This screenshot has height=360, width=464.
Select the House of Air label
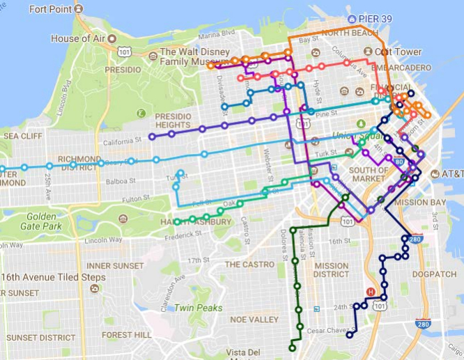click(x=80, y=39)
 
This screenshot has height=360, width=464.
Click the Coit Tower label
click(x=398, y=52)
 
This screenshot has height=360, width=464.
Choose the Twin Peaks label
click(x=199, y=307)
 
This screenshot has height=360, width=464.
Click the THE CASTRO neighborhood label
click(x=249, y=265)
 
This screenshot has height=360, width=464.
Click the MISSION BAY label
click(x=419, y=203)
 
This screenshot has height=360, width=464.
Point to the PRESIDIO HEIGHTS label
click(x=172, y=120)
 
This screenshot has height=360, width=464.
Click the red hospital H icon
click(x=370, y=292)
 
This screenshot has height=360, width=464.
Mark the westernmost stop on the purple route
click(x=152, y=136)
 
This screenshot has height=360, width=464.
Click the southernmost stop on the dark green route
click(x=293, y=347)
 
